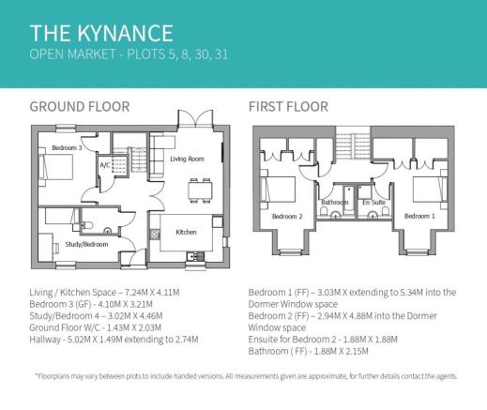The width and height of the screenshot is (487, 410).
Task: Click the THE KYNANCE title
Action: pos(101,33)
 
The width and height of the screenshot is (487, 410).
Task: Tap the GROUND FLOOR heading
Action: pos(80,107)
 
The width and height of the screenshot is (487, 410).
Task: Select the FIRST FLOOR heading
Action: pos(288,107)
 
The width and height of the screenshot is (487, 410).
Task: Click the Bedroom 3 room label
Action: pos(67,147)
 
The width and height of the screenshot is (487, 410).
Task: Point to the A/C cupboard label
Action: pos(105,165)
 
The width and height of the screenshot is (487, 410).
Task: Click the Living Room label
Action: pos(187,159)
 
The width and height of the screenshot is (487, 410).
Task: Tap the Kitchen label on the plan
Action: pos(186,232)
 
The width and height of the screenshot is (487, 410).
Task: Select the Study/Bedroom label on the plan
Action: pos(86,244)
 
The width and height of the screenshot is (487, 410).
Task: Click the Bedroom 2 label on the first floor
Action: pos(287,217)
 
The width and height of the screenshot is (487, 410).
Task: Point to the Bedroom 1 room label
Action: pos(419,216)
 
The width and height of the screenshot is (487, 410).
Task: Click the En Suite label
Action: pos(374,203)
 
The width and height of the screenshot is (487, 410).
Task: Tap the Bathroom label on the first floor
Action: pos(335,203)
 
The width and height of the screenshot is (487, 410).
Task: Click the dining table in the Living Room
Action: pos(200,190)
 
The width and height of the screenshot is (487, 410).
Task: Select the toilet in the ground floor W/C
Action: pos(87,225)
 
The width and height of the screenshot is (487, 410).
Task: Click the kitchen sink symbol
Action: pos(195,257)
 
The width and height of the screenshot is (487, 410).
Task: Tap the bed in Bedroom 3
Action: pos(55,167)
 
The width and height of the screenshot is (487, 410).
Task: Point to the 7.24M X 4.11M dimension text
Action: pos(152,293)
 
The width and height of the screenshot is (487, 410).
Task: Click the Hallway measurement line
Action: pos(114,340)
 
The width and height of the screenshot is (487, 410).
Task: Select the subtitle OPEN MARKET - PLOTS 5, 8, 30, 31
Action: pos(129,54)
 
